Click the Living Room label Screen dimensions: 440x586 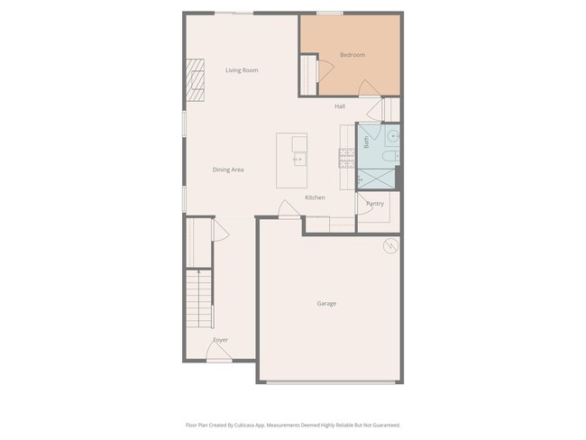point(242,69)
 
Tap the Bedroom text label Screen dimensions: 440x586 point(352,55)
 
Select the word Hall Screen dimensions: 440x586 point(340,106)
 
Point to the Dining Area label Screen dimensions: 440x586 point(228,170)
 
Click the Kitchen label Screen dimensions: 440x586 point(315,197)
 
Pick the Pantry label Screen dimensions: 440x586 point(375,204)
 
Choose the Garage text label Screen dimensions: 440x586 point(326,303)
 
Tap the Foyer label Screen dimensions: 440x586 point(220,340)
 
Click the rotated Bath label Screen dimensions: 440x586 point(366,142)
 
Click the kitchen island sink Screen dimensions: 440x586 point(297,160)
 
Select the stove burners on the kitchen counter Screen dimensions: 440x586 point(344,160)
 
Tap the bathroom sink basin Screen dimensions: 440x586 point(393,136)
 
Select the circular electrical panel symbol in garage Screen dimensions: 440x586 point(390,244)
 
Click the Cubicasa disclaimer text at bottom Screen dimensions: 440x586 point(293,425)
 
